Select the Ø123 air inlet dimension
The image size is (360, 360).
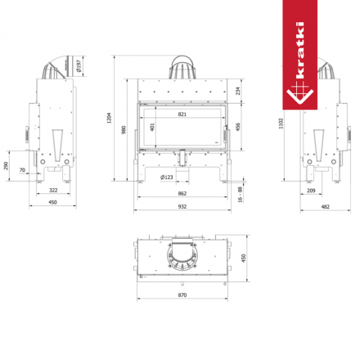(166, 177)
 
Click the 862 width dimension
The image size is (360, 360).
(182, 193)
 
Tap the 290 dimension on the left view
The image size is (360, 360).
(7, 166)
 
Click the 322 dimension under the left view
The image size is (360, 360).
(52, 190)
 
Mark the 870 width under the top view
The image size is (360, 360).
(182, 295)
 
